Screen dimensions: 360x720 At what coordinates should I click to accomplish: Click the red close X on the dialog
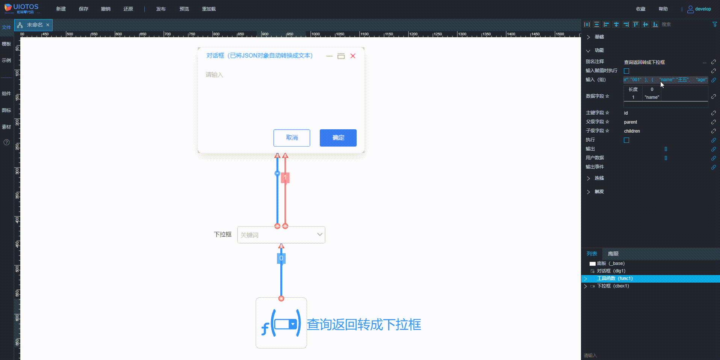353,56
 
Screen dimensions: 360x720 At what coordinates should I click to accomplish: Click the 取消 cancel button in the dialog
292,138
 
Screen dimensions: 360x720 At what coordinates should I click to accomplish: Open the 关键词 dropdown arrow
320,234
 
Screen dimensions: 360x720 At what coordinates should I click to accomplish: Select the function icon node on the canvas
281,323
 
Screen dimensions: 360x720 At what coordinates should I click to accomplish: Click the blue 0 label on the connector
281,258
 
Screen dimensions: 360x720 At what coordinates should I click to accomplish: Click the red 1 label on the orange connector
285,177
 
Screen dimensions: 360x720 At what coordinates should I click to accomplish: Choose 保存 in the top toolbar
83,9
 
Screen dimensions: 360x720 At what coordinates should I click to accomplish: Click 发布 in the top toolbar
161,9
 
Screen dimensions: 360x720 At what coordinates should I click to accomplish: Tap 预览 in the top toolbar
184,9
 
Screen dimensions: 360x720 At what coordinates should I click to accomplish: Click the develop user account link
699,9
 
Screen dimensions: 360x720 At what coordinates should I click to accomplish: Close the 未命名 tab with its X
48,25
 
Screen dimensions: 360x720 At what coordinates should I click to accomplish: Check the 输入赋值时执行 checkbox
626,71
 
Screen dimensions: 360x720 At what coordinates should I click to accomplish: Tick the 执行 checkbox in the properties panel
626,140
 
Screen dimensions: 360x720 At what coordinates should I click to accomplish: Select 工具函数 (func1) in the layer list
615,278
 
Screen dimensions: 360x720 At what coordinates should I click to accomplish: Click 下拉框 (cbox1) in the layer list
613,286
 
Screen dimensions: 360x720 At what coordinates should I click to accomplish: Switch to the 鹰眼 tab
613,254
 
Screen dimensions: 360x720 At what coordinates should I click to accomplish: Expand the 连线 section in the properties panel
599,178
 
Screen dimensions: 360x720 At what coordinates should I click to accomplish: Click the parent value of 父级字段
631,122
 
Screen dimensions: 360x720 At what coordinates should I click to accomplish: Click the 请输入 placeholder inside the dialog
215,75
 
